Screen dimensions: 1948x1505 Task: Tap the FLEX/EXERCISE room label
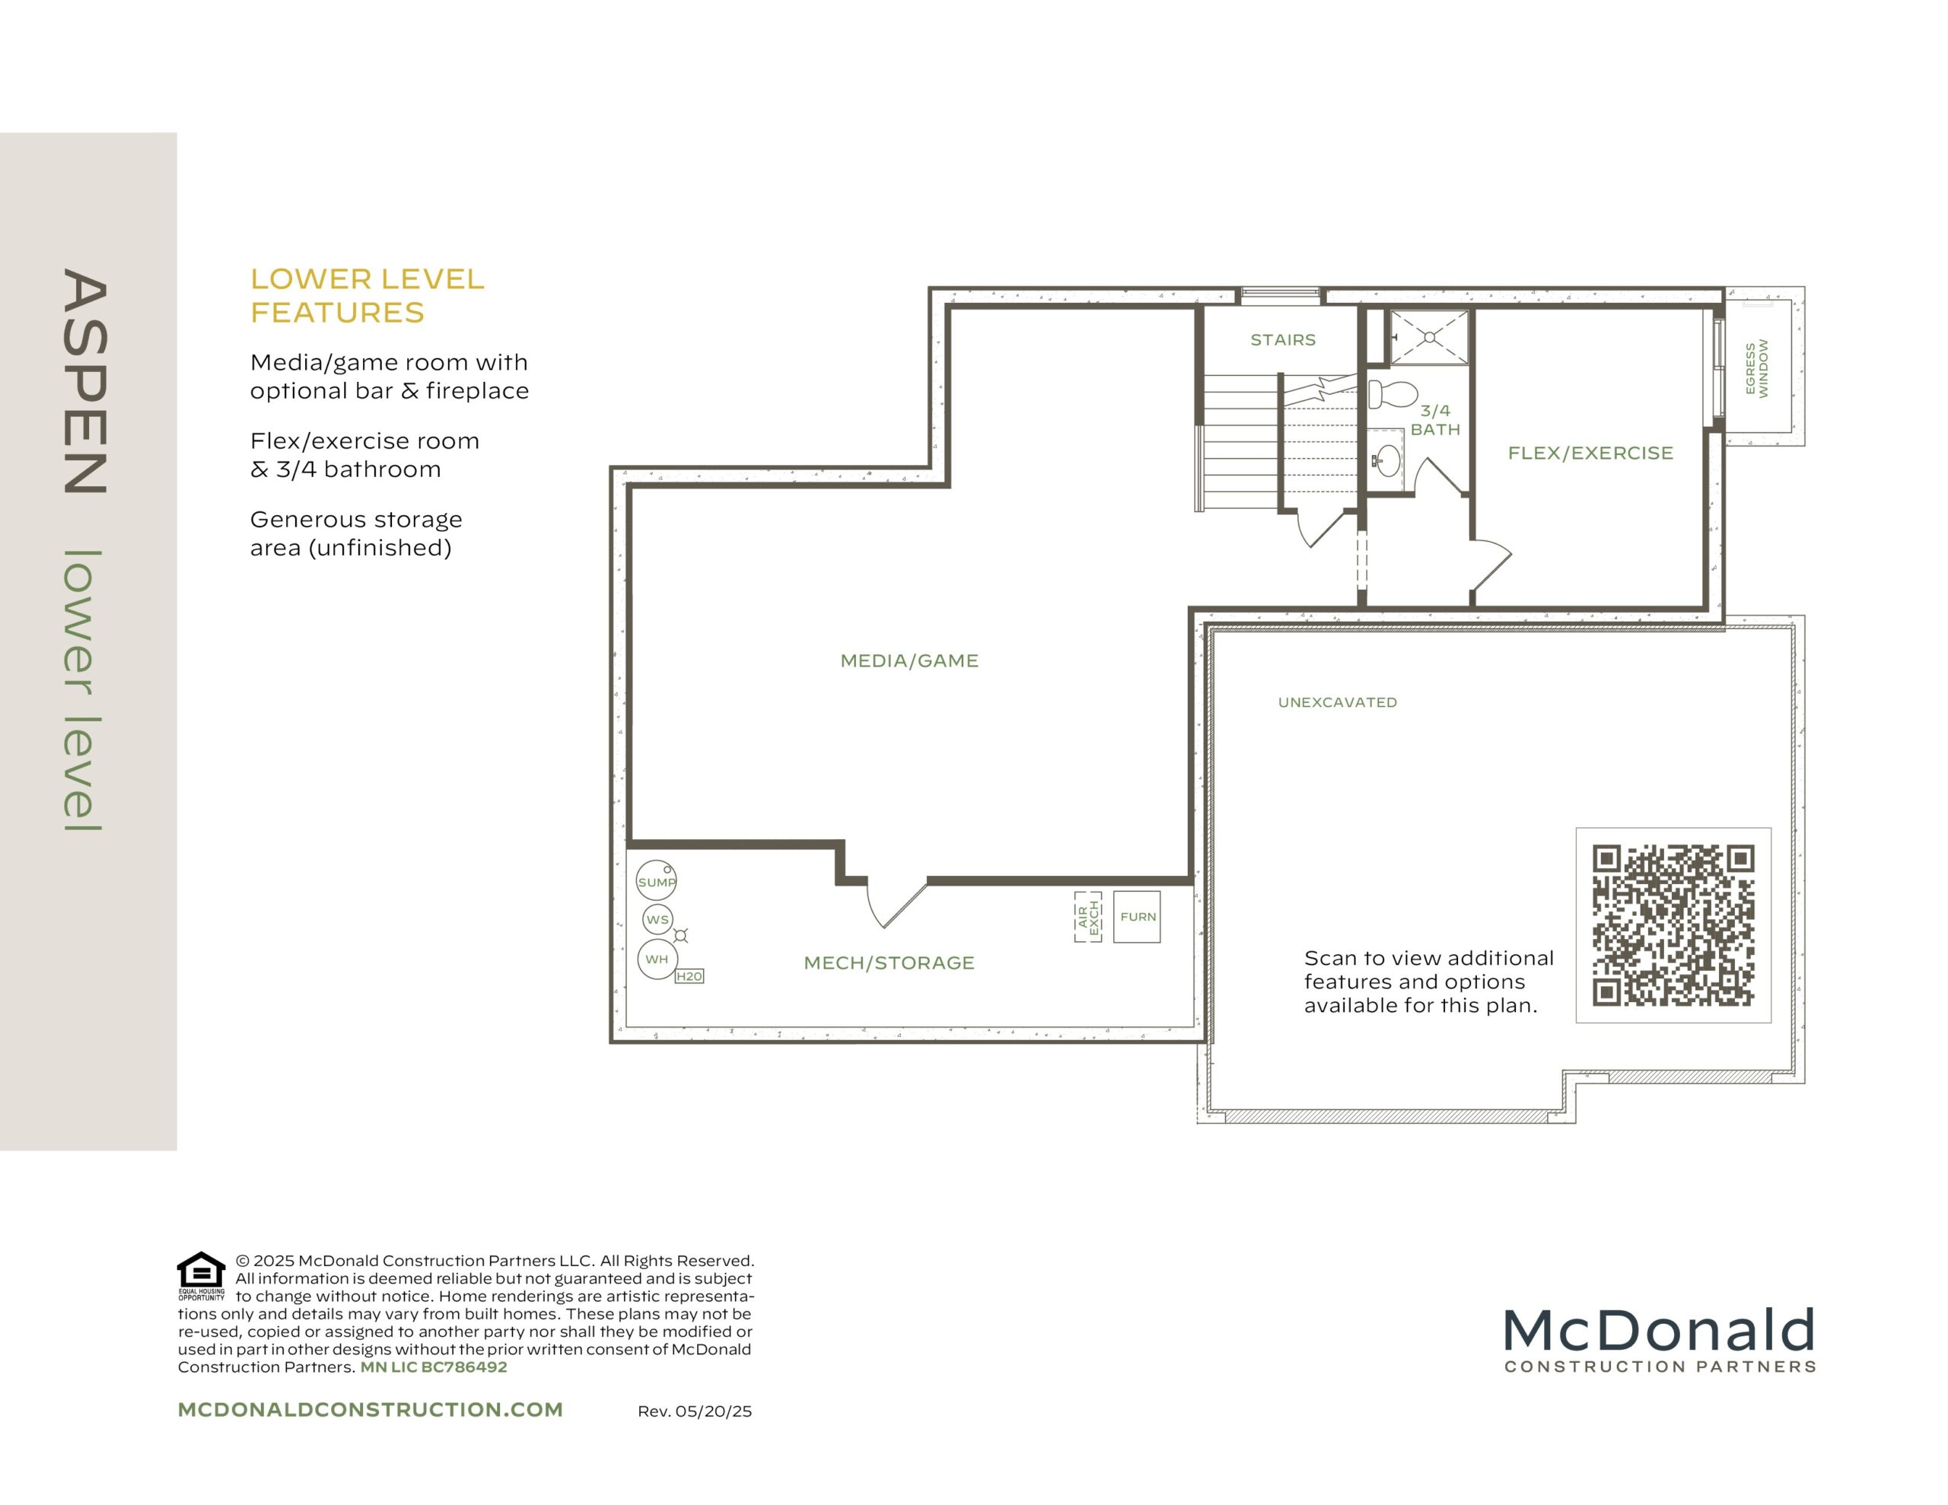[1590, 453]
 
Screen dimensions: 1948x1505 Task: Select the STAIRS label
[1283, 340]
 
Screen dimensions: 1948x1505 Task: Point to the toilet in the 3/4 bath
[1393, 393]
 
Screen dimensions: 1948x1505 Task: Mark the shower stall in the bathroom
[1429, 336]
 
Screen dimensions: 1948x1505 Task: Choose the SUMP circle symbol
[656, 881]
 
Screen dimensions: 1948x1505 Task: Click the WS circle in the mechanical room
[657, 920]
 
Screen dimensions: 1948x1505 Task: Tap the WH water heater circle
[657, 960]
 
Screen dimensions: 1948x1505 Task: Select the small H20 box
[689, 976]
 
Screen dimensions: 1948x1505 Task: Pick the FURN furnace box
[1138, 917]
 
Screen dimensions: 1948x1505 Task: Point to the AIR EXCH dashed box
[1088, 917]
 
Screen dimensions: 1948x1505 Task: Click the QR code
[1673, 925]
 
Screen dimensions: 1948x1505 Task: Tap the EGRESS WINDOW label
[1756, 367]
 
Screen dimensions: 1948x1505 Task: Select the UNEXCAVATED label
[1337, 702]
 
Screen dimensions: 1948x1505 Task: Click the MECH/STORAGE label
[890, 963]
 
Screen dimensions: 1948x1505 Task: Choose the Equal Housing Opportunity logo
[202, 1277]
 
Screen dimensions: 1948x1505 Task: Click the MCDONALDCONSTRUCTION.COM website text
[370, 1410]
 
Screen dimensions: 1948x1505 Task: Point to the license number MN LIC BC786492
[434, 1367]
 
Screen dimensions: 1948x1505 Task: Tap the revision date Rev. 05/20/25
[695, 1411]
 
